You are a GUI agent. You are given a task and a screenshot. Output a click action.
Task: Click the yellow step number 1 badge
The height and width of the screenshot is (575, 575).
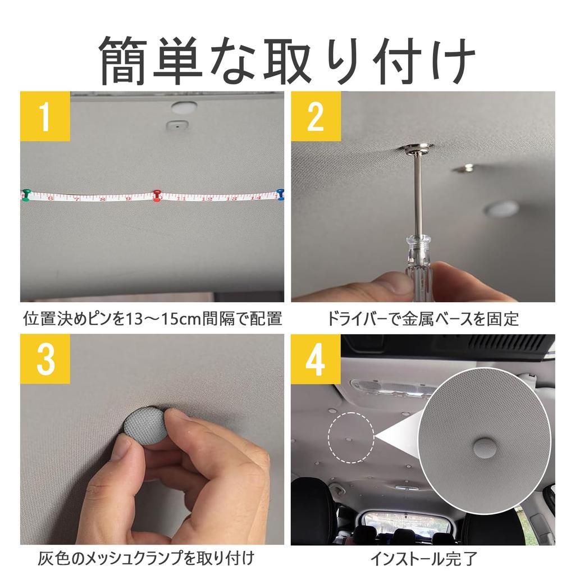[45, 116]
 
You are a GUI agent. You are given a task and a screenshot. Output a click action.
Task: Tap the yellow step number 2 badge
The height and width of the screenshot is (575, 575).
[316, 116]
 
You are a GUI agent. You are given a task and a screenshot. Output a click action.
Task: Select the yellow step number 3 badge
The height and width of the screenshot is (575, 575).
[45, 359]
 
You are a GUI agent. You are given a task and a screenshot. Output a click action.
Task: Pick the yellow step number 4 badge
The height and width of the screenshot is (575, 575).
[316, 359]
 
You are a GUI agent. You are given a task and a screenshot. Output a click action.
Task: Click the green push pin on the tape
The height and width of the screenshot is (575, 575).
[26, 194]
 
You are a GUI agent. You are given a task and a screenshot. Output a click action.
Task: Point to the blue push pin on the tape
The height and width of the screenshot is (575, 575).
[280, 194]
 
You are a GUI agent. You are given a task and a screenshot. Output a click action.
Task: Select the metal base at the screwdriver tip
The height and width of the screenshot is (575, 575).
[417, 149]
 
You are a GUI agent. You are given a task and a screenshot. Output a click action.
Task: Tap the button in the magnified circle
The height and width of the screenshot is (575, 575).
[485, 447]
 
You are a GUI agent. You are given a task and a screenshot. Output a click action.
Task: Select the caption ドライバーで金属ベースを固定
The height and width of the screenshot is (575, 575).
[423, 320]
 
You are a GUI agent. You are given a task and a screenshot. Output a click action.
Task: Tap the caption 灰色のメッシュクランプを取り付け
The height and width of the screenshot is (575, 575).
[146, 559]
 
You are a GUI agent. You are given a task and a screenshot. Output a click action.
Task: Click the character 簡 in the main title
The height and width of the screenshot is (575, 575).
[125, 61]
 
